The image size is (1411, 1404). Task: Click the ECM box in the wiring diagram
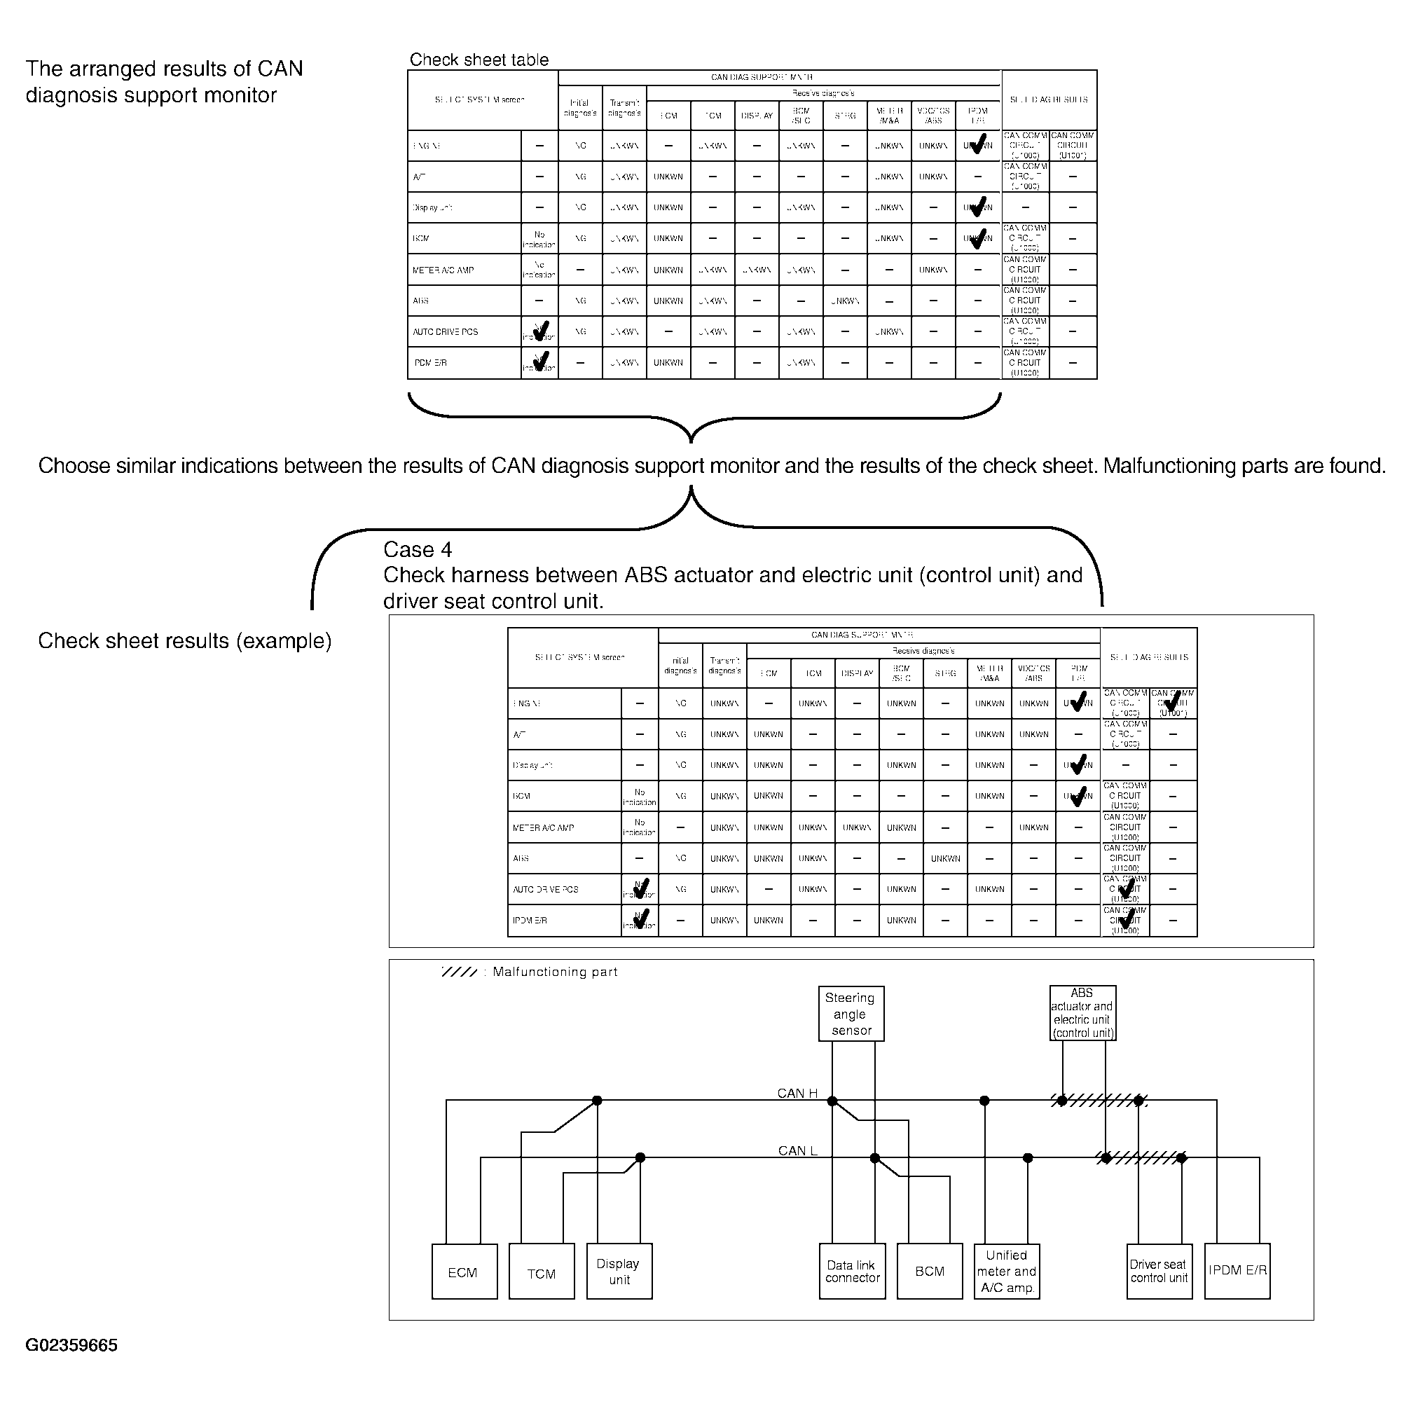(464, 1272)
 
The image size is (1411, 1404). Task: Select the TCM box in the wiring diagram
(541, 1272)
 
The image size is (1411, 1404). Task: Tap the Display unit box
(619, 1272)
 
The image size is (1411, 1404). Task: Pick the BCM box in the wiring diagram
(929, 1272)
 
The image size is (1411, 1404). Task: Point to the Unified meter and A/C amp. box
(1006, 1272)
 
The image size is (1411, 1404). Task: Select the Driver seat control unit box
(1159, 1272)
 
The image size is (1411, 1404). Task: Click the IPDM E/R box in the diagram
(1237, 1272)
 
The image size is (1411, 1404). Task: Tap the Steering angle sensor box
(851, 1014)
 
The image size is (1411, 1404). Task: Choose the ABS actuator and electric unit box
(1082, 1013)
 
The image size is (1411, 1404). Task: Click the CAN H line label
(797, 1094)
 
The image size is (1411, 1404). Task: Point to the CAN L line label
(797, 1150)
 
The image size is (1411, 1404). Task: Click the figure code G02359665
(71, 1346)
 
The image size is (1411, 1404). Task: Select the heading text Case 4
(418, 549)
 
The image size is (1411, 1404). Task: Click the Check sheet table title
(479, 60)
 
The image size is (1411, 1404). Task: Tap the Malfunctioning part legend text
(555, 972)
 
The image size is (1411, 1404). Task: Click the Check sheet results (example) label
(185, 640)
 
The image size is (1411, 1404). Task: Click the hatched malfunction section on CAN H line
(1099, 1101)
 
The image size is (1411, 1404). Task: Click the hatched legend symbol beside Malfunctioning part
(460, 972)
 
